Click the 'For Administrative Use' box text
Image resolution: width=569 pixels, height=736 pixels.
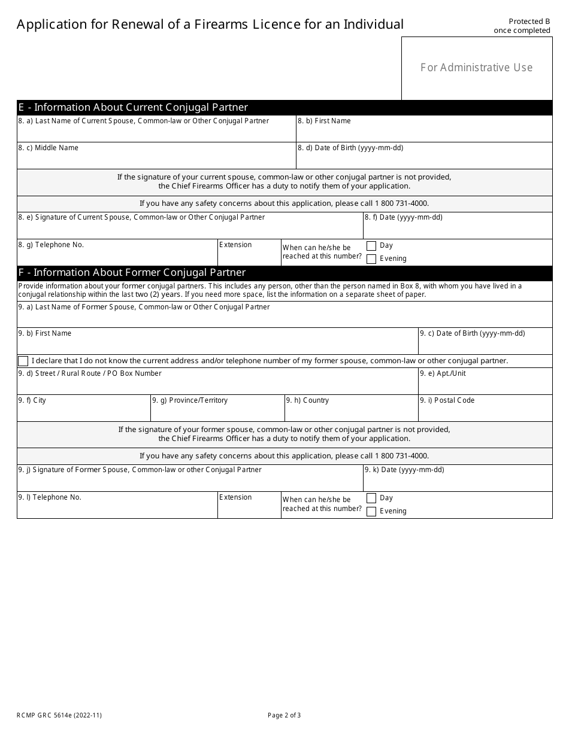[476, 68]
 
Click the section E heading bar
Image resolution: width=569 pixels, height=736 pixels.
[284, 108]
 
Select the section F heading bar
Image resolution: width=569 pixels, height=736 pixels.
[284, 273]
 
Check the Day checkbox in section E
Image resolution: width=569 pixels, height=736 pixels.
[371, 246]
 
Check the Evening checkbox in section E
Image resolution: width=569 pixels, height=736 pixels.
[371, 259]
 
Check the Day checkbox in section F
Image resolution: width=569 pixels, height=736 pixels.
[371, 498]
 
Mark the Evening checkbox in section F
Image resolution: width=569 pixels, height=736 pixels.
[371, 512]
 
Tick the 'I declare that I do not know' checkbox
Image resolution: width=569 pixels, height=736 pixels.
[23, 361]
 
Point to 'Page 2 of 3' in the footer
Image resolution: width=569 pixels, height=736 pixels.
[284, 715]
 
